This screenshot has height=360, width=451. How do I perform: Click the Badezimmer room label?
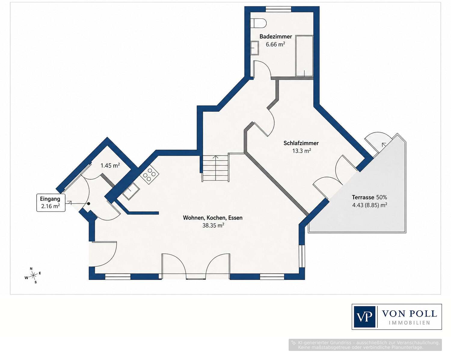[276, 36]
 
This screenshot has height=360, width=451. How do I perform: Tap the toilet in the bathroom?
[258, 23]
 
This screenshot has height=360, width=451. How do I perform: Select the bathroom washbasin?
[254, 48]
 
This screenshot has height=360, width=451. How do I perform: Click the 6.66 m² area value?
[275, 45]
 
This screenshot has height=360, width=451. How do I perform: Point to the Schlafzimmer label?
[301, 143]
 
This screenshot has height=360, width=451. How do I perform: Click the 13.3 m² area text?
[302, 151]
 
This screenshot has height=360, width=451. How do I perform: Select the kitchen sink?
[131, 191]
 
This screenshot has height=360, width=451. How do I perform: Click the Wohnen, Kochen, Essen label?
[213, 218]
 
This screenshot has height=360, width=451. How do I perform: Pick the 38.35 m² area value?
[213, 225]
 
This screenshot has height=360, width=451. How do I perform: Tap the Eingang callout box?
[51, 202]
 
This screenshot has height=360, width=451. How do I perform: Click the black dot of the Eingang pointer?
[89, 204]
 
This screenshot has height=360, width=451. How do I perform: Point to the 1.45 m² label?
[110, 165]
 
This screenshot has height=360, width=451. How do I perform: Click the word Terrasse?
[363, 197]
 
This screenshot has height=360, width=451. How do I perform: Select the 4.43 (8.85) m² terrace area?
[370, 205]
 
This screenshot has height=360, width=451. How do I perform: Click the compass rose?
[33, 275]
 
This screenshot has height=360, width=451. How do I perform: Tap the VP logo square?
[364, 317]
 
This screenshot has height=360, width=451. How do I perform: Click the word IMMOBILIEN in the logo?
[410, 323]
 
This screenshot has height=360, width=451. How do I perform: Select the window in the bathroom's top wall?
[278, 9]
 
